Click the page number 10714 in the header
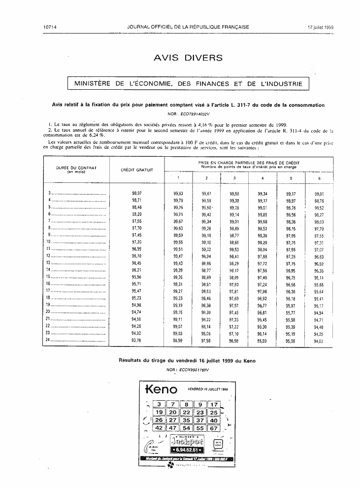tap(50, 27)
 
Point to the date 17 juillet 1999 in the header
tap(321, 27)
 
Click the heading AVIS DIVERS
tap(188, 58)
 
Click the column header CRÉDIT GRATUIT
tap(137, 170)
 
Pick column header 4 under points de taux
tap(262, 177)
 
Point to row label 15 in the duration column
tap(48, 277)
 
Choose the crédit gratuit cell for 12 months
tap(137, 256)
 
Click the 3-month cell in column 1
tap(178, 193)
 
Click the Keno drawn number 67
tap(213, 428)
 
